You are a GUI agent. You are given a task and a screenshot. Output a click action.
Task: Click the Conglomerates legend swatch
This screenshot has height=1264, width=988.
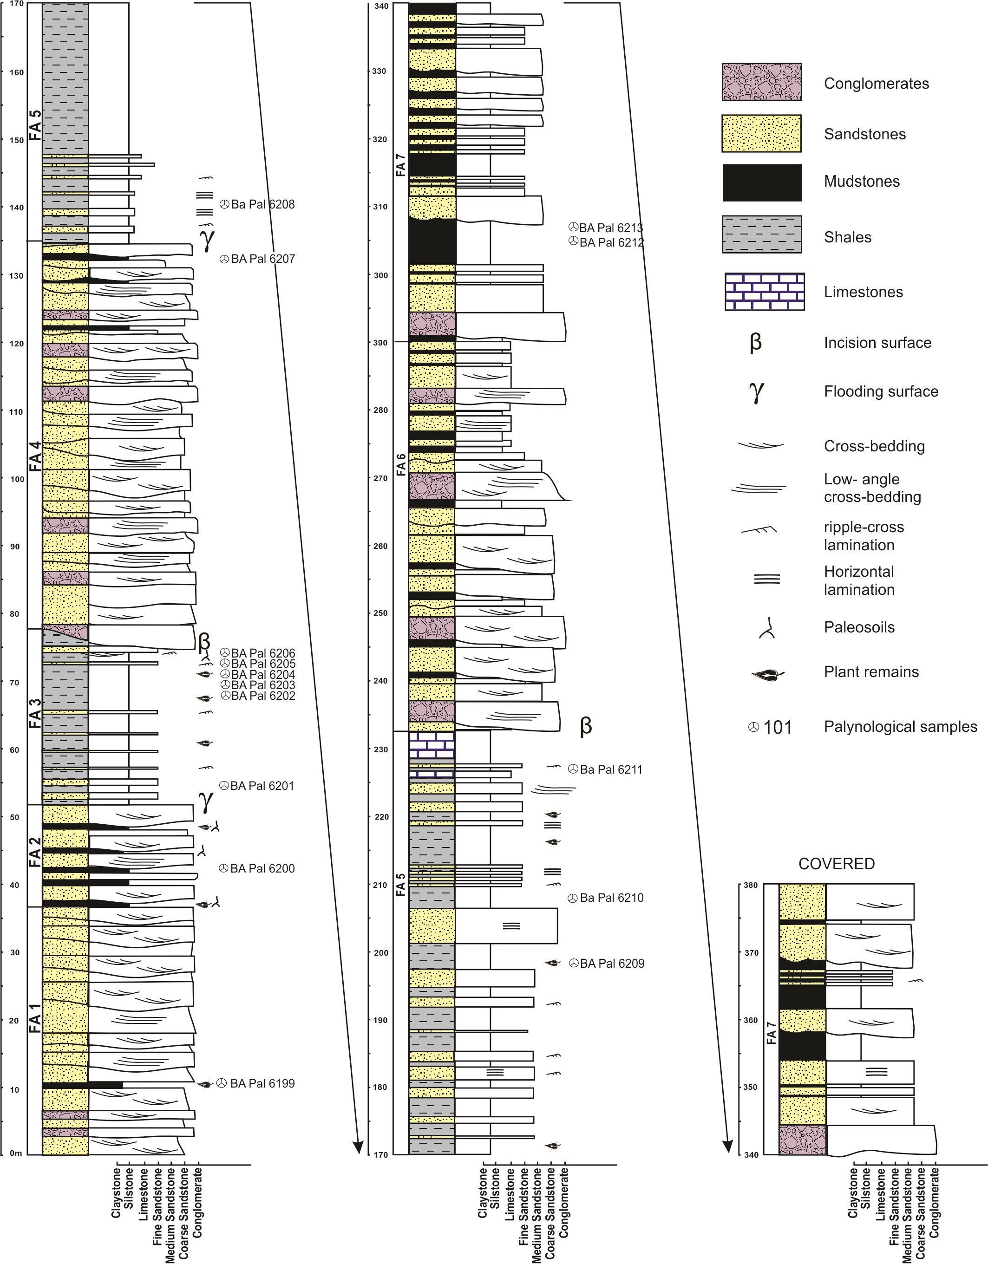point(761,82)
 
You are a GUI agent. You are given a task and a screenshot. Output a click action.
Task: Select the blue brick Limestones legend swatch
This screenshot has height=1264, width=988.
point(764,291)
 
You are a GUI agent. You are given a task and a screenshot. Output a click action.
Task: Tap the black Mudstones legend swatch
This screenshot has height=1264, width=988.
point(762,182)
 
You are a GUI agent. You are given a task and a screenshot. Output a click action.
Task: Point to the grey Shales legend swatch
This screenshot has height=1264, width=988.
point(762,235)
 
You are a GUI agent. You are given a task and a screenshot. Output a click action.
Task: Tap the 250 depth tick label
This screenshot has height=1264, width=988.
point(380,613)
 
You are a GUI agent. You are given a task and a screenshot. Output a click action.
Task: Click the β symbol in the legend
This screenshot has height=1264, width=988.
point(755,343)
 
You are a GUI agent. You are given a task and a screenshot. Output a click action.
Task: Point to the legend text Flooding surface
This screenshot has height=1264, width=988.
point(880,392)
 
